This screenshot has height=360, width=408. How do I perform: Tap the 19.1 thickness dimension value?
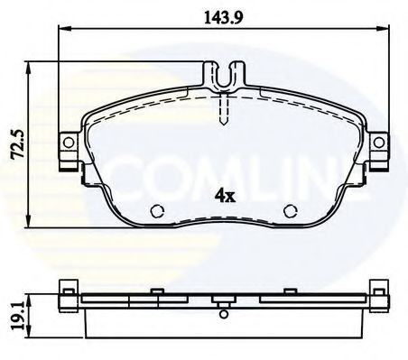point(13,313)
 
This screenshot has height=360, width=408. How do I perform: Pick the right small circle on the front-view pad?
point(291,212)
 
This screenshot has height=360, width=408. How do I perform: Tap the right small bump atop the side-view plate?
point(291,291)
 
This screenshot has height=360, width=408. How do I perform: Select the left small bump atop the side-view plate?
point(155,291)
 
